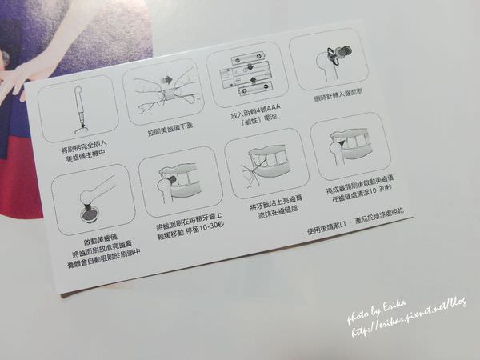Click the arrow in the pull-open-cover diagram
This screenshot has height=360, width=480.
169,80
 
